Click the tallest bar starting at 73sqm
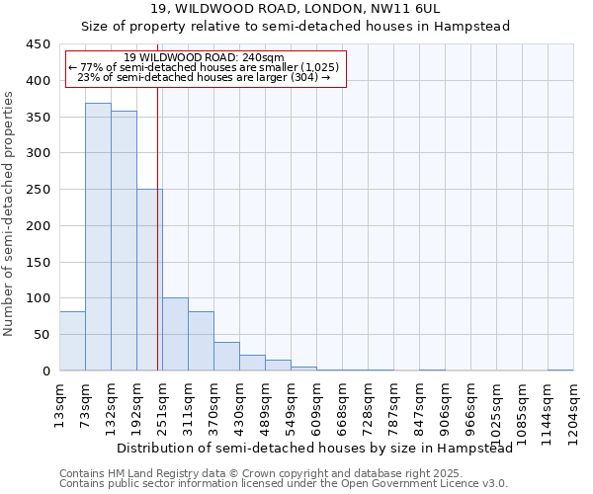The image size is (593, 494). tap(98, 237)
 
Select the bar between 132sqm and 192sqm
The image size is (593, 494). tap(124, 241)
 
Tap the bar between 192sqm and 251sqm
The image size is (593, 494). tap(149, 280)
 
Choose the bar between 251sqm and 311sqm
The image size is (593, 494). tap(175, 334)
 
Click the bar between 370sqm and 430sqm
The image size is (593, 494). tap(226, 357)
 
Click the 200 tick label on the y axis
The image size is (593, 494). tap(39, 226)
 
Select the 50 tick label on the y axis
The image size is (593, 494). tap(42, 335)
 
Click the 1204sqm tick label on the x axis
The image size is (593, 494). tap(574, 410)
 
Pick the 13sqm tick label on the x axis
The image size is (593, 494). tap(60, 403)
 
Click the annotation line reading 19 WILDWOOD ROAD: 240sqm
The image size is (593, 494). tap(207, 57)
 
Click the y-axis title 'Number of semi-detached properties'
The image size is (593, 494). tap(9, 213)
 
